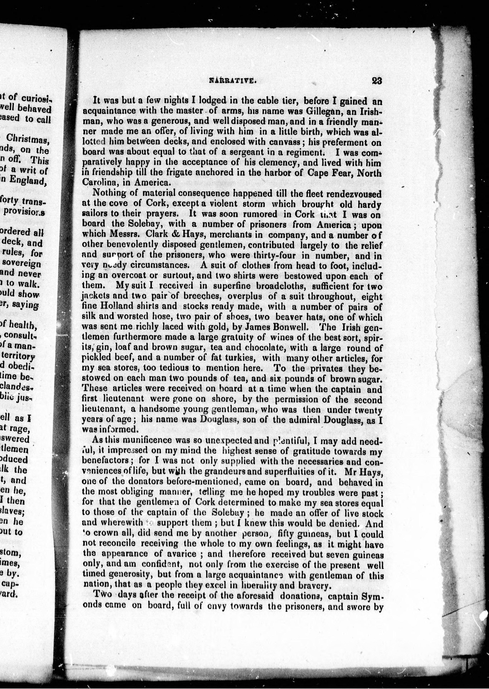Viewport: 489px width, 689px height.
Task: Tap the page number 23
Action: tap(377, 81)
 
